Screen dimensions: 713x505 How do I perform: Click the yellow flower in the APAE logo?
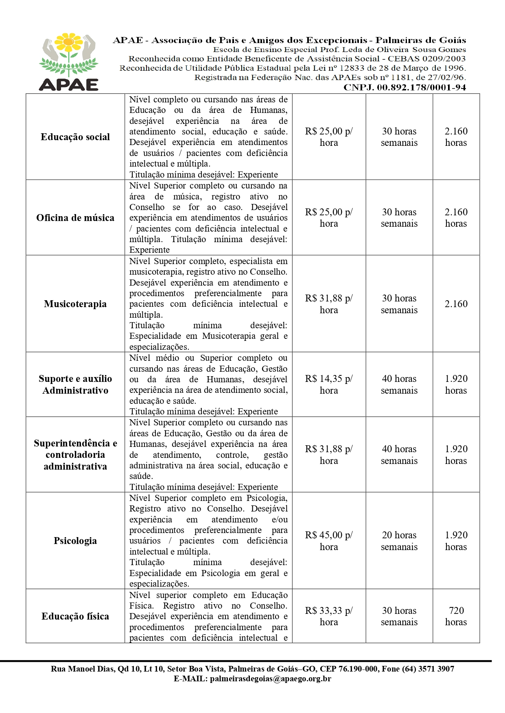69,42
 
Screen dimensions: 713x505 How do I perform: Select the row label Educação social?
75,137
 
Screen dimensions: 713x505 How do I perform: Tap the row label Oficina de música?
75,218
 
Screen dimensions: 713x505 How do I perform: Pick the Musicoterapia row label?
75,304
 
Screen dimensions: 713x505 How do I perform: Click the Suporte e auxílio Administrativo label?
75,384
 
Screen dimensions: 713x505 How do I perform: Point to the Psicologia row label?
75,541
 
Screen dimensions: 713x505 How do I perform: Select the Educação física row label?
75,616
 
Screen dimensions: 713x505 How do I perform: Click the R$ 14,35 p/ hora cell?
329,384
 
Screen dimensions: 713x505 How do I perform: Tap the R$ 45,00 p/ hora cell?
329,541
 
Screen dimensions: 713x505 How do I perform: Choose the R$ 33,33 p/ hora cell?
329,616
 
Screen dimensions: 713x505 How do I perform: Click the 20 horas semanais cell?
399,541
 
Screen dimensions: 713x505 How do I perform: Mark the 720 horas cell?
456,616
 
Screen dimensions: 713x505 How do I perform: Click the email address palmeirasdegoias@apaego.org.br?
270,678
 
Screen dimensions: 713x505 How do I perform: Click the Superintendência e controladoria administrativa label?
75,455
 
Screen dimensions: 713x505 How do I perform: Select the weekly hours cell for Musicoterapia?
399,304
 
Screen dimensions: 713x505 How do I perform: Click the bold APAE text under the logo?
69,84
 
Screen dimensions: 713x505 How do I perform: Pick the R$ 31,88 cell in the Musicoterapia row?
329,304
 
